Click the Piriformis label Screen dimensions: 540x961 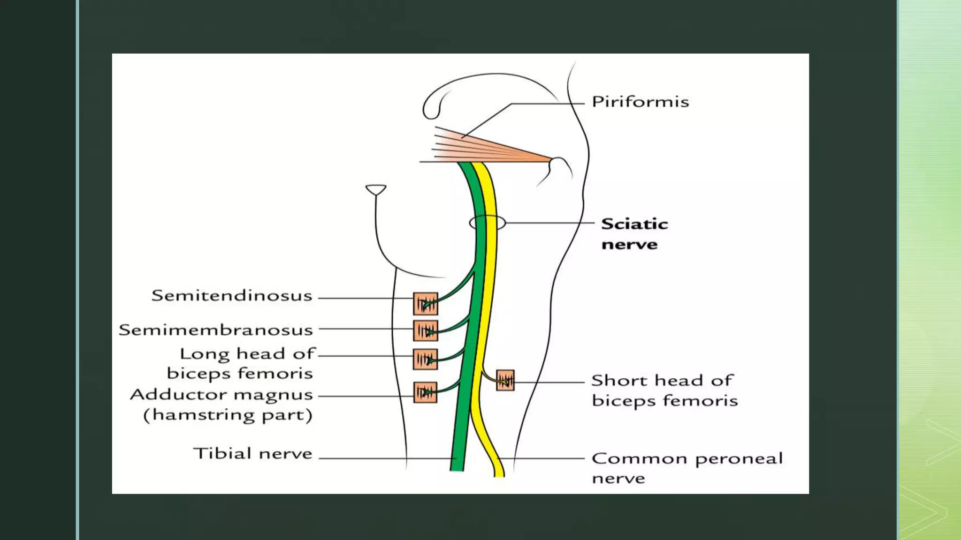(640, 102)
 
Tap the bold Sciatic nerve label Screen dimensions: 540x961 (634, 234)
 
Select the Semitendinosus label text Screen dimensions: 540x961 (232, 296)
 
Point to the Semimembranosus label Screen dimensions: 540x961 (216, 330)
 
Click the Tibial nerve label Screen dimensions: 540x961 (252, 454)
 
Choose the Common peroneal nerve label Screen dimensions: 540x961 (686, 467)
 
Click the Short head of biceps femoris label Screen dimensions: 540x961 (664, 390)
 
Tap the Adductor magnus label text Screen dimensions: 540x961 (221, 395)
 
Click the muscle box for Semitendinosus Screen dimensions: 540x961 (425, 304)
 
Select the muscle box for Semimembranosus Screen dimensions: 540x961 (425, 330)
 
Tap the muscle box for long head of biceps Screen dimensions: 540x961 (425, 359)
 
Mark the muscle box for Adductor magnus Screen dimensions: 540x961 (425, 392)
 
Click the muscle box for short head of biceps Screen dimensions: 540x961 (505, 380)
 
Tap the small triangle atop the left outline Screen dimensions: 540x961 (376, 189)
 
